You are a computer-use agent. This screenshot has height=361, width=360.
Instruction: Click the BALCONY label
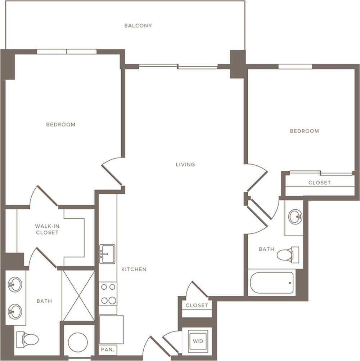(x=138, y=26)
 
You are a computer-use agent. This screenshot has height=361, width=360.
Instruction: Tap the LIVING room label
(x=185, y=164)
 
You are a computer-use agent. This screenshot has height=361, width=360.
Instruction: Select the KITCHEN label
(x=134, y=269)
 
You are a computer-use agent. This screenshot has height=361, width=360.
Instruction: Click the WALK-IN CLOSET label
(x=47, y=229)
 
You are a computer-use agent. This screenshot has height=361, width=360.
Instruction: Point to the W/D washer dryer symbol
(x=198, y=341)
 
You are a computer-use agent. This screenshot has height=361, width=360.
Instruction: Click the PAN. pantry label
(x=107, y=350)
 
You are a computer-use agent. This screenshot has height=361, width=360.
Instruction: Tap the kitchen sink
(x=107, y=254)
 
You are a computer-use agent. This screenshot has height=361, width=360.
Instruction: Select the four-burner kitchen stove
(x=108, y=294)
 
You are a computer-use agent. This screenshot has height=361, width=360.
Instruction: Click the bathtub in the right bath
(x=272, y=283)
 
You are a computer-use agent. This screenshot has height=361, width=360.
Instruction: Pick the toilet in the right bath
(x=288, y=255)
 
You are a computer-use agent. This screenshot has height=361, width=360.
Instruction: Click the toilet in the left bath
(x=27, y=340)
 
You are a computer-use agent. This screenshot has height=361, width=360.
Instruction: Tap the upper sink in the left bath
(x=15, y=284)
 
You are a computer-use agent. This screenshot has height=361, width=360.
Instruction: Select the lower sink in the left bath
(x=15, y=312)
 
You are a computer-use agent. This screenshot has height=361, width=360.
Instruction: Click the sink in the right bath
(x=295, y=217)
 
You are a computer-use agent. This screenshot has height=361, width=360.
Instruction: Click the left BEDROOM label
(x=61, y=125)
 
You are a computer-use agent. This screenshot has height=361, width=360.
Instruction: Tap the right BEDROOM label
(x=304, y=131)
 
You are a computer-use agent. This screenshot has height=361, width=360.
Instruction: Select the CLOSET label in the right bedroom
(x=320, y=183)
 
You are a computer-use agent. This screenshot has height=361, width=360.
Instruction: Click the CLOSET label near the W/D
(x=197, y=305)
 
